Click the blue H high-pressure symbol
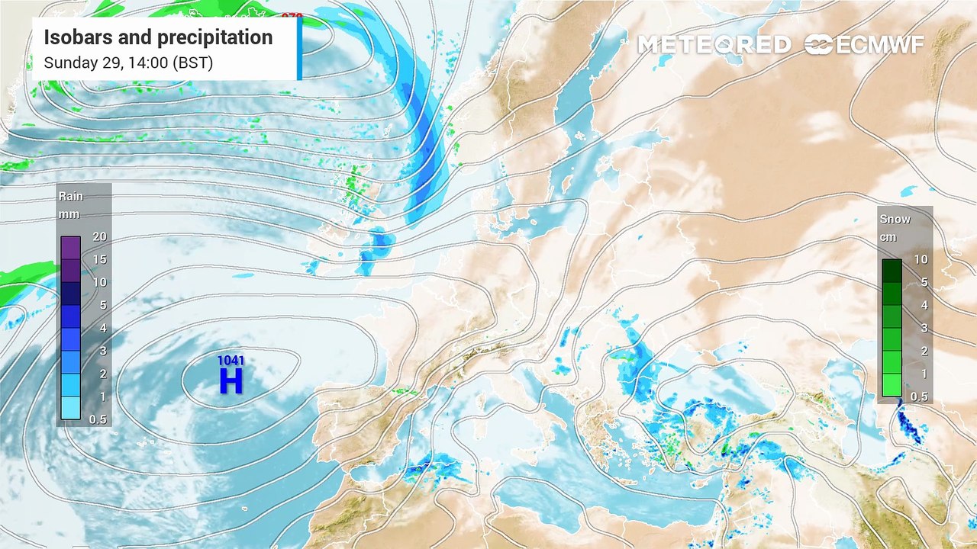(231, 380)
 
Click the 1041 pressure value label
(231, 360)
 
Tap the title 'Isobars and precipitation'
(158, 37)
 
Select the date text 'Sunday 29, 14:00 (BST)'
(128, 63)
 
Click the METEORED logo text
(714, 45)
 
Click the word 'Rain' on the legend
(71, 197)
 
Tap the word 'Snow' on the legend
(895, 219)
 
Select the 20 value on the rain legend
(99, 236)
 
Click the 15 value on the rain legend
(99, 259)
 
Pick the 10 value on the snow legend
(921, 259)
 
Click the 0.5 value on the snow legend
(920, 396)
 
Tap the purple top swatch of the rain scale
(71, 248)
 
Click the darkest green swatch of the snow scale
(892, 271)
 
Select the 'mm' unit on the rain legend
(69, 214)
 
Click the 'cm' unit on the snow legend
(888, 237)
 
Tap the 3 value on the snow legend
(921, 328)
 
